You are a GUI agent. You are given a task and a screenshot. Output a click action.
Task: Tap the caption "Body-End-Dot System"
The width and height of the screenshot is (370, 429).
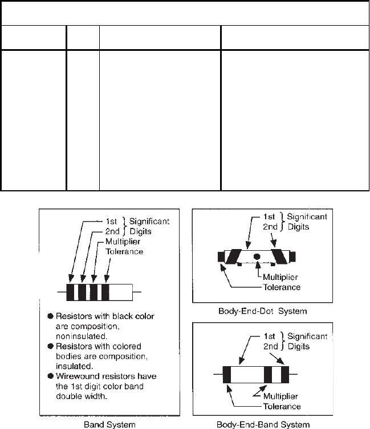[262, 311]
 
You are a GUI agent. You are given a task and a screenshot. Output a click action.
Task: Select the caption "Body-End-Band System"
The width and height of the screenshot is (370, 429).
[263, 424]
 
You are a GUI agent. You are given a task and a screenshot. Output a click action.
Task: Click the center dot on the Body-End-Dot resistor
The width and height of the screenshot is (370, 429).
[257, 256]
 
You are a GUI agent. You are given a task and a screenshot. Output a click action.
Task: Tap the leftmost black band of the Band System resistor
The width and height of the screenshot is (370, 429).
[71, 292]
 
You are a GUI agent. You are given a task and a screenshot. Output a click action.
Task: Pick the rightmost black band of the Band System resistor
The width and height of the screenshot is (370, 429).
[105, 292]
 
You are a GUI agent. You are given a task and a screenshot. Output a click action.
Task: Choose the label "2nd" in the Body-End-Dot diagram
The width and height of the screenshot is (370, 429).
[271, 227]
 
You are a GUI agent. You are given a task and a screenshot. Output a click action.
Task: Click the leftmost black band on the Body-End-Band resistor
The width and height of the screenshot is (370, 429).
[227, 375]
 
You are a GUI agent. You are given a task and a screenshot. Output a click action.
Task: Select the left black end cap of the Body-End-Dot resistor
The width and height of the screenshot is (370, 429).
[221, 256]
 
